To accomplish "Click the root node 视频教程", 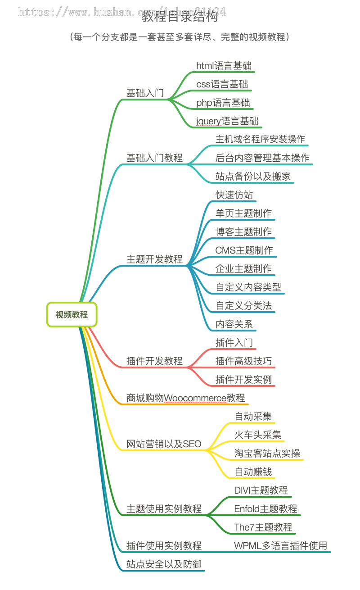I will pos(72,315).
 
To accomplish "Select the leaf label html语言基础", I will pos(224,65).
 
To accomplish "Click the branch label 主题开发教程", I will pos(154,259).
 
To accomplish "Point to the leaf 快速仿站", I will pos(234,195).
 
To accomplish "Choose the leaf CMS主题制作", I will pos(244,250).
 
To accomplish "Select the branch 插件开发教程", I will pos(154,361).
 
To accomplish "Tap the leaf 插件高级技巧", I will pos(243,361).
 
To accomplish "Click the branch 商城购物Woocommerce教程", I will pos(185,398).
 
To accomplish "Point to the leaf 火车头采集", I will pos(258,435).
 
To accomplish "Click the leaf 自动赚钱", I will pos(253,472).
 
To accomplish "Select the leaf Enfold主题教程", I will pos(265,508).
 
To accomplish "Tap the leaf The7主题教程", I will pos(263,527).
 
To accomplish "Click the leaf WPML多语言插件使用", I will pos(280,545).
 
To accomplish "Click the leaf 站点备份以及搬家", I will pos(253,176).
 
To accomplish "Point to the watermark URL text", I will pos(121,12).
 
